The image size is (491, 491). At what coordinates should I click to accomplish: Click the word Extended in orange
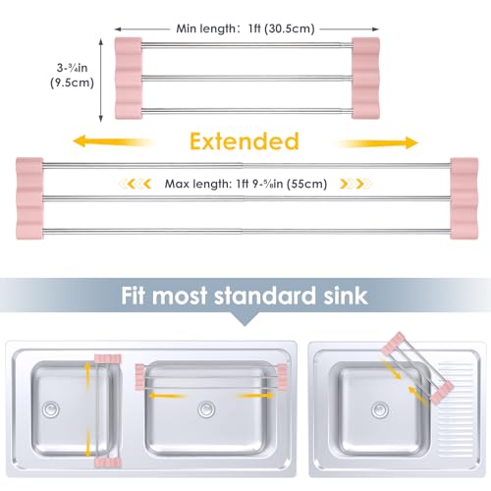click(x=245, y=141)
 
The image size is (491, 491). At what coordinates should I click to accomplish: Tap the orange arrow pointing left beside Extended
click(x=113, y=141)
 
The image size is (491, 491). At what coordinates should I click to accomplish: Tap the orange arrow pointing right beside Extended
click(x=376, y=143)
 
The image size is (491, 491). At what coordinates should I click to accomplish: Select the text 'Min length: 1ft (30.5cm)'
click(x=245, y=28)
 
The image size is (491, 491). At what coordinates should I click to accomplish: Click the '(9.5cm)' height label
click(x=72, y=82)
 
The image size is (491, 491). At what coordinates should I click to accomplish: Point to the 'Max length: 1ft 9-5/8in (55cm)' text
click(x=245, y=184)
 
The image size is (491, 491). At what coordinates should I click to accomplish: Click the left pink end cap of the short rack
click(x=129, y=78)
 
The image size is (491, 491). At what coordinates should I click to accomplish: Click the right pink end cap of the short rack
click(x=365, y=78)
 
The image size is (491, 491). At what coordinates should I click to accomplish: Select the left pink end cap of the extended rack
click(x=29, y=198)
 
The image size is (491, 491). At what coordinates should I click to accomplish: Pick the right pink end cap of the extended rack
click(x=464, y=198)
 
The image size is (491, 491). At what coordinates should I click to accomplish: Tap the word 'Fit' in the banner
click(x=133, y=296)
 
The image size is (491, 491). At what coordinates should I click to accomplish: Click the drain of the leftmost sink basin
click(x=51, y=409)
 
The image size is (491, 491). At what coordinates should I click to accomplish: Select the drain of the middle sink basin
click(x=206, y=409)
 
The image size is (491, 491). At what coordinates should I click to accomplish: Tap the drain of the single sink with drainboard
click(x=380, y=409)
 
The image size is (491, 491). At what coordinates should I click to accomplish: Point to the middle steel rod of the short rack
click(x=247, y=78)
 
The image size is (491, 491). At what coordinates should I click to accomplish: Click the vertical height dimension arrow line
click(x=101, y=81)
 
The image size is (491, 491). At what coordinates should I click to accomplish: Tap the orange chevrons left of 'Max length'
click(x=135, y=184)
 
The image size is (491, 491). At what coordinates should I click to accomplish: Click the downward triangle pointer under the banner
click(x=245, y=319)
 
